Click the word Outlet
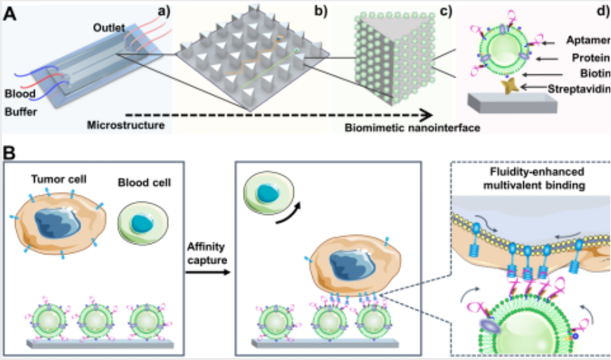[x=109, y=28]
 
